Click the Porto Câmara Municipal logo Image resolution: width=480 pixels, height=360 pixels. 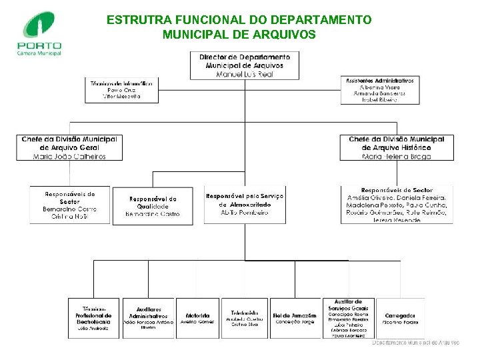[40, 33]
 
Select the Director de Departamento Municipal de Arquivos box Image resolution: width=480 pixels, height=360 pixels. [244, 65]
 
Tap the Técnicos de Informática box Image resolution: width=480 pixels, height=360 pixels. [122, 90]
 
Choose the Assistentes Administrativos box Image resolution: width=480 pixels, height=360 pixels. [379, 90]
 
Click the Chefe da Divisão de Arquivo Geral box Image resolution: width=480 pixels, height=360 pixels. [70, 147]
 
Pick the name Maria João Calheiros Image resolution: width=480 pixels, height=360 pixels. [70, 156]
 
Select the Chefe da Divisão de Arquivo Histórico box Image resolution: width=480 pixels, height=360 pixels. [396, 147]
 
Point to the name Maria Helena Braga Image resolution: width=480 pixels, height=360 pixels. [396, 157]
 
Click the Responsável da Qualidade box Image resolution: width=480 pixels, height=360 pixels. [153, 207]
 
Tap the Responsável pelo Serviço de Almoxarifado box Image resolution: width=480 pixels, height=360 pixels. [245, 204]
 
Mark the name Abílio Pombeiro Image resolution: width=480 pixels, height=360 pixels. [245, 213]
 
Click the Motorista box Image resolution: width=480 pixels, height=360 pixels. [197, 318]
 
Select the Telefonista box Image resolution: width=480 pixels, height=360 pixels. [245, 317]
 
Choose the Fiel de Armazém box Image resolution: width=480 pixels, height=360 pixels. [294, 318]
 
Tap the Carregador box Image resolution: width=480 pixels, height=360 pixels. [400, 318]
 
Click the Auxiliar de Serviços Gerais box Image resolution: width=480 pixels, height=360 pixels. [349, 318]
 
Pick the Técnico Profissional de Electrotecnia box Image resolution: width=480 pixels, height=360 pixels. [94, 317]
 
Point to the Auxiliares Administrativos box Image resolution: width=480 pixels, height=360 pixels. [149, 317]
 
